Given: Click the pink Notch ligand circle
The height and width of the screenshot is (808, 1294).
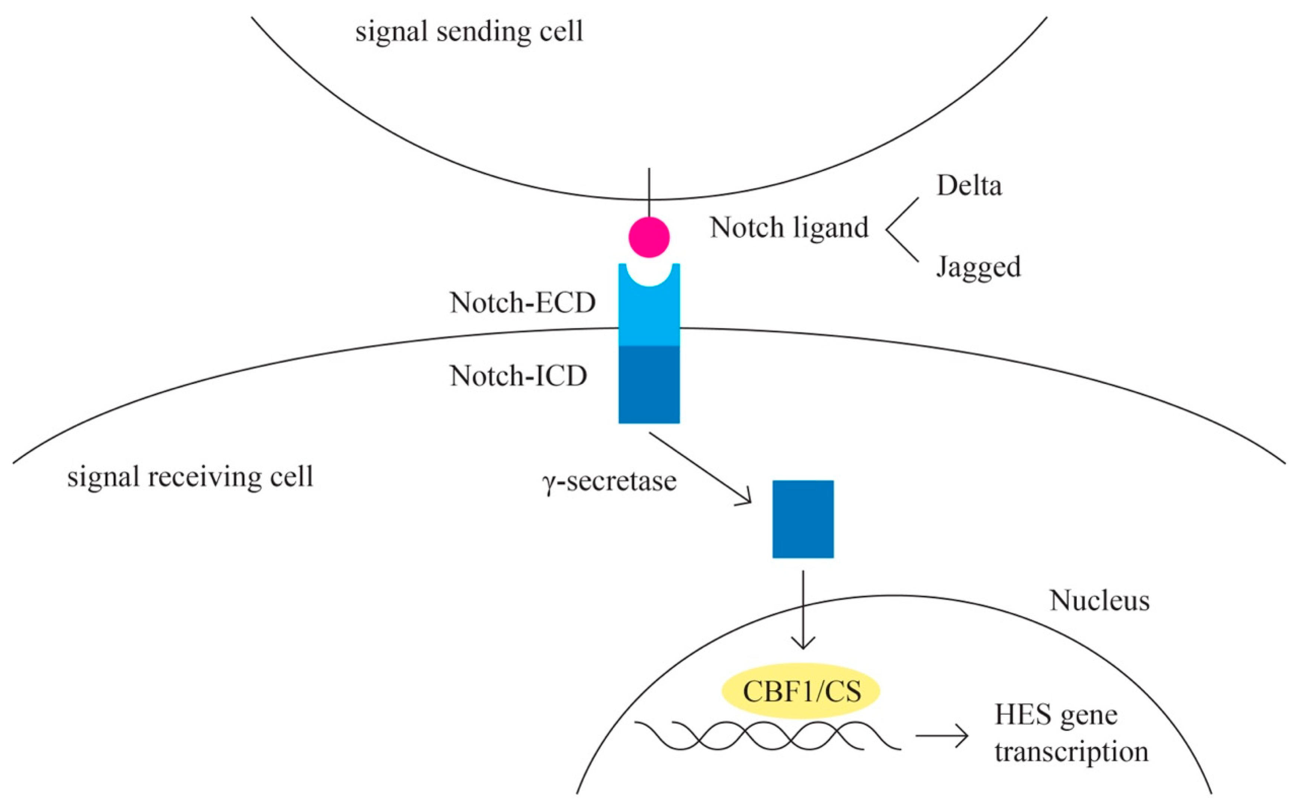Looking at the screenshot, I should pos(649,237).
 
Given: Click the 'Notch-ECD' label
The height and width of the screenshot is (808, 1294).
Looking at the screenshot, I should pos(523,303).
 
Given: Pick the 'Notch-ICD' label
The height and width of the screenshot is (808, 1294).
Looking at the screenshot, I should pos(518,376).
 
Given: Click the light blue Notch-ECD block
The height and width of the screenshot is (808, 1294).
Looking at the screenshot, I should pos(649,315).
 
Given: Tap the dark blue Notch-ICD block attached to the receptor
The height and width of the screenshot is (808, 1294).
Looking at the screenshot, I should pos(649,384).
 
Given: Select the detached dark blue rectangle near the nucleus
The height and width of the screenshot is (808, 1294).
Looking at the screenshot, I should pos(803,519).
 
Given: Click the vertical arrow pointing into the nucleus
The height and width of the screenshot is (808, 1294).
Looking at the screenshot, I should pos(803,609).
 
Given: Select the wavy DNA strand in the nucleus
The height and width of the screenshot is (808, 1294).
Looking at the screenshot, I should pos(767,736).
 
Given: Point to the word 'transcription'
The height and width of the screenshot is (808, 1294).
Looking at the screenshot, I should pos(1071,752).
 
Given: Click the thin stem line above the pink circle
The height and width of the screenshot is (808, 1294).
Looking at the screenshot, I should pos(649,193).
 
